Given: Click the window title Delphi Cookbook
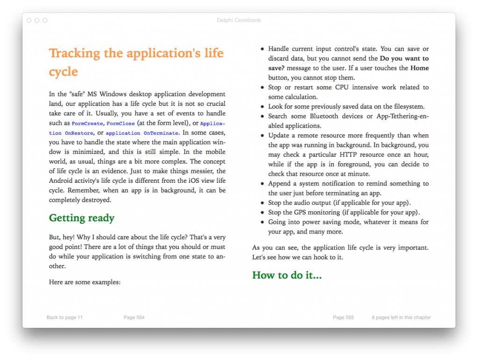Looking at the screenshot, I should coord(239,21).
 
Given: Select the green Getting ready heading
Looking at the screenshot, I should coord(82,218).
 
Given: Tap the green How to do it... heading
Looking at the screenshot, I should coord(287,275).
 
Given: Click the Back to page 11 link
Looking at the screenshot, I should coord(64,318).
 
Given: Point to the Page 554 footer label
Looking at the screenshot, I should coord(134,318).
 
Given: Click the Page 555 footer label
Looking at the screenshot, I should coord(343,318).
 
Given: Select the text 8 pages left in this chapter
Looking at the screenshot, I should coord(401,318).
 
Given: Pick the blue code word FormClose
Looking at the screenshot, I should coord(120,124).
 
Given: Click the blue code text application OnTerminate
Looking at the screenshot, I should coord(142,133).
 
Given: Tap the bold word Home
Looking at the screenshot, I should coord(420,68).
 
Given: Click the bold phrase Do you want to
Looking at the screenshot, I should coord(404,59).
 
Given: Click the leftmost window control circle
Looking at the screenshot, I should coord(29,21).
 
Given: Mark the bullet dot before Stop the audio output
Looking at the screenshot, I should coord(262,203).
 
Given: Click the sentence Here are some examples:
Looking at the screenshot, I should coord(84,282).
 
